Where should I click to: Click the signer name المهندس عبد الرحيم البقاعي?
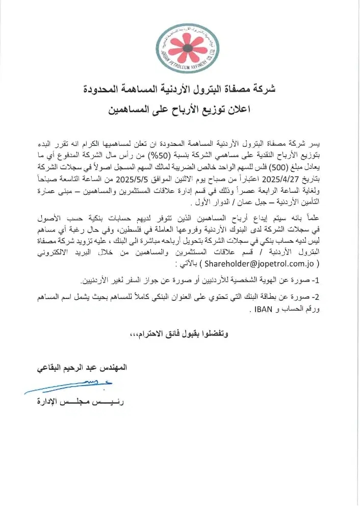(81, 367)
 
